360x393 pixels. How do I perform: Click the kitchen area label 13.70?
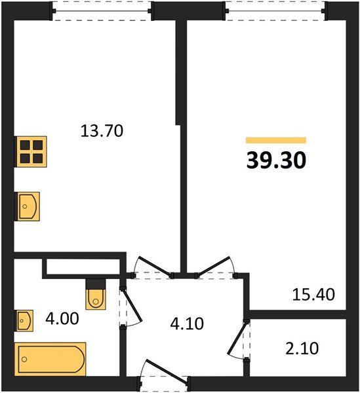pyautogui.click(x=102, y=131)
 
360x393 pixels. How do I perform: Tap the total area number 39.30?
pyautogui.click(x=276, y=160)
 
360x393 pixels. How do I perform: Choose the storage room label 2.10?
pyautogui.click(x=303, y=348)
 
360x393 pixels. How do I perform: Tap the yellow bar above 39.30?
pyautogui.click(x=276, y=140)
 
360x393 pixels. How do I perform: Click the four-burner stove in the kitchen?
pyautogui.click(x=30, y=153)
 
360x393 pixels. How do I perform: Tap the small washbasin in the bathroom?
pyautogui.click(x=24, y=321)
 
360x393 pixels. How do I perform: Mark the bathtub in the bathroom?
pyautogui.click(x=50, y=358)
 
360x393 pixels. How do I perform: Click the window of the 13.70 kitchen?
pyautogui.click(x=102, y=11)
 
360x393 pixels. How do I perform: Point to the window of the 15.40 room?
pyautogui.click(x=275, y=11)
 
